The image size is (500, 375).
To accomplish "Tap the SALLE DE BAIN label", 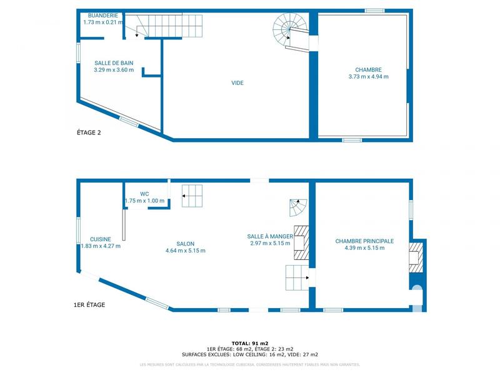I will [x=114, y=63].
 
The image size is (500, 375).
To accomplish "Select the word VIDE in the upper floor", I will [x=237, y=83].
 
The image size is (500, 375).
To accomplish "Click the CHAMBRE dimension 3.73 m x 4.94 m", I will [x=368, y=77].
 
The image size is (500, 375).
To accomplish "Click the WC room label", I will [x=144, y=194].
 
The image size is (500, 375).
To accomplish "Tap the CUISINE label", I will [x=101, y=239].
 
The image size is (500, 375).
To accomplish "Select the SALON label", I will [x=185, y=244].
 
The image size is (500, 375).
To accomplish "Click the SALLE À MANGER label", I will [x=270, y=236].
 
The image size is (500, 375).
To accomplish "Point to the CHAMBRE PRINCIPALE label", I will [x=364, y=241].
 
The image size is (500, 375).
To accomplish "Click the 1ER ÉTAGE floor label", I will [x=89, y=305].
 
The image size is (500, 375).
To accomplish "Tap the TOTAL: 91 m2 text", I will [x=250, y=343].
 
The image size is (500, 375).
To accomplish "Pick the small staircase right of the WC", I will [x=192, y=196].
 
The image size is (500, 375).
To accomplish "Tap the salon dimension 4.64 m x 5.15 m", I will [x=185, y=251].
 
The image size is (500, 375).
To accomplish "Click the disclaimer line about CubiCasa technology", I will [x=250, y=364].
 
